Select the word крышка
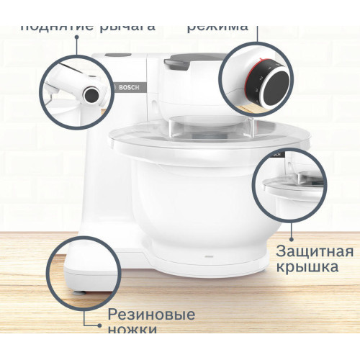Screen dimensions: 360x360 coord(307,267)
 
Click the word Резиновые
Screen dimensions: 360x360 coord(151,315)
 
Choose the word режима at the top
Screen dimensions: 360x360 coord(217,26)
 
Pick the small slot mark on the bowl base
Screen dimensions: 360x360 coord(209,256)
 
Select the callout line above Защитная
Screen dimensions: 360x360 coord(290,230)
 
